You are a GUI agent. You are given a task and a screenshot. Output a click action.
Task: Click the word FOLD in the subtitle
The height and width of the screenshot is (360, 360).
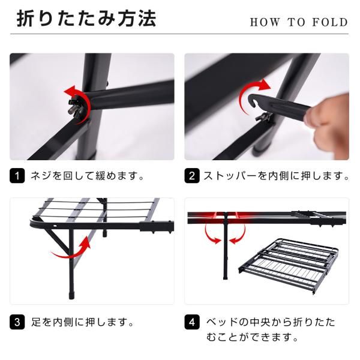pyautogui.click(x=331, y=23)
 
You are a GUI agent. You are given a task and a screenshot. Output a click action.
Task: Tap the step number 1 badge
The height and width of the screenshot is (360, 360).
pyautogui.click(x=17, y=176)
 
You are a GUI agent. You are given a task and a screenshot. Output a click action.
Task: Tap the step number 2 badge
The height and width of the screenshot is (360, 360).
pyautogui.click(x=192, y=176)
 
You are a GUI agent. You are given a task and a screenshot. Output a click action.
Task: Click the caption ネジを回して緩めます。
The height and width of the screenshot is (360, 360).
pyautogui.click(x=87, y=176)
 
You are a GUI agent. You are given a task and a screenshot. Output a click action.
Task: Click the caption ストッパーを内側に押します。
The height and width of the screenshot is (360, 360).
pyautogui.click(x=276, y=176)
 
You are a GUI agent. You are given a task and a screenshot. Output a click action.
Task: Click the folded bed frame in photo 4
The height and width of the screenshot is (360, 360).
pyautogui.click(x=288, y=264)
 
